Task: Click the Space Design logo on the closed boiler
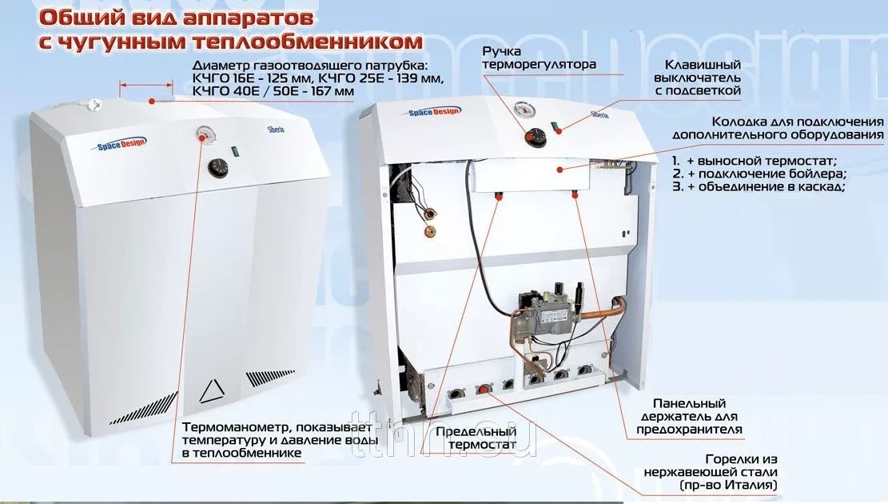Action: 118,144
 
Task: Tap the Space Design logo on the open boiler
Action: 434,112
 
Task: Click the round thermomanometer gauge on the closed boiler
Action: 204,134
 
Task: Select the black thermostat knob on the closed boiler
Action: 217,167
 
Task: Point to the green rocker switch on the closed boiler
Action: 233,151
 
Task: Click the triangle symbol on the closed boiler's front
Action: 212,390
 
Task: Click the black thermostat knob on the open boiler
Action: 536,137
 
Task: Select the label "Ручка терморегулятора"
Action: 539,58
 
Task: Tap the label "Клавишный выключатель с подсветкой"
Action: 698,78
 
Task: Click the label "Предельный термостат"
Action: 476,438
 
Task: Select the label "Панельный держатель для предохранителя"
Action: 689,417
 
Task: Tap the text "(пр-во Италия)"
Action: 727,486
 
